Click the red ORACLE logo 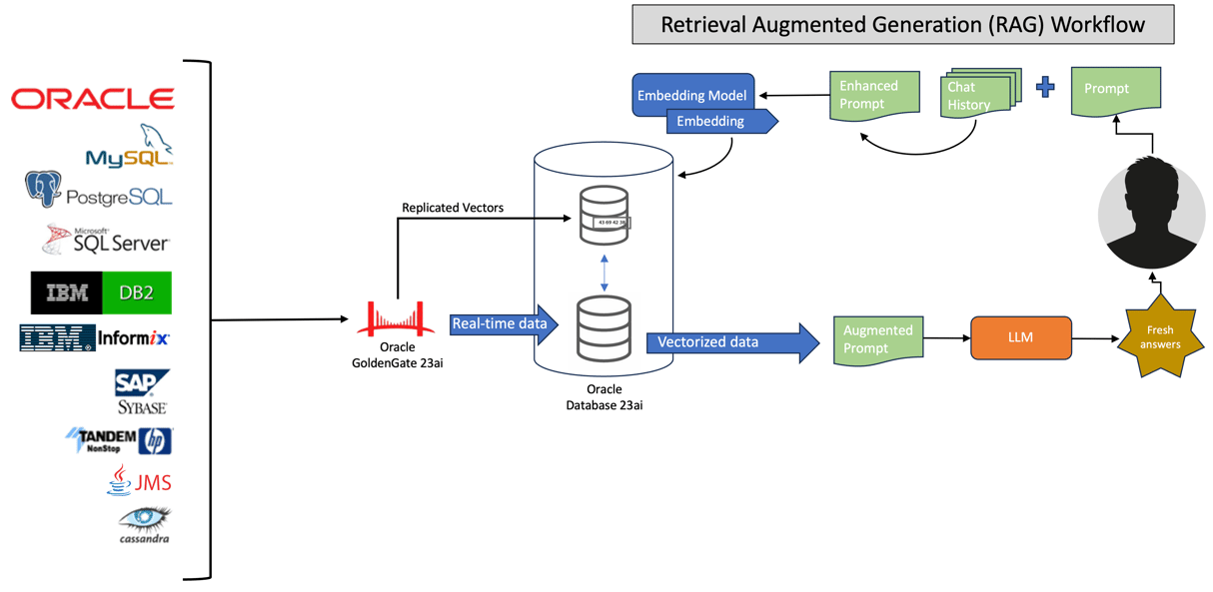click(x=93, y=98)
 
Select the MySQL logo click(x=130, y=148)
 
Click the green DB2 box click(x=136, y=293)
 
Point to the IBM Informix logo click(x=95, y=338)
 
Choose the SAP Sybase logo click(x=142, y=391)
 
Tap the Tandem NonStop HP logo click(x=119, y=440)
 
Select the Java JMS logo click(x=139, y=481)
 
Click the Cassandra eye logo click(x=144, y=524)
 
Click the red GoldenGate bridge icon click(x=397, y=318)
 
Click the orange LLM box click(x=1020, y=337)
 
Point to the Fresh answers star click(x=1160, y=336)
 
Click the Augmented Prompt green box click(x=877, y=338)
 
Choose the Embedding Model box click(x=692, y=96)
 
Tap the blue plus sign click(x=1045, y=87)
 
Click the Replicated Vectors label click(x=452, y=208)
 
